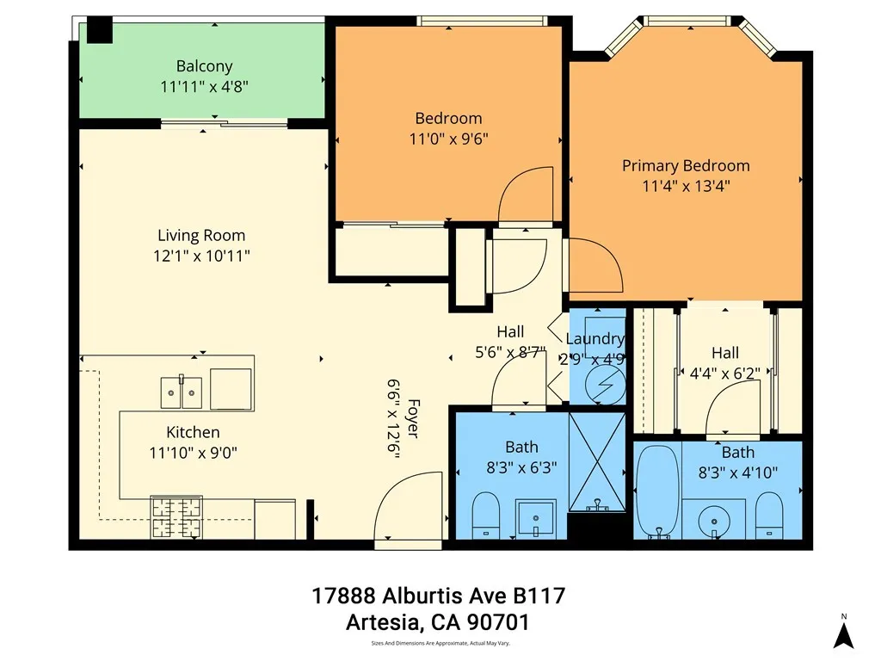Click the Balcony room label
tap(204, 66)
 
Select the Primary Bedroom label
tap(686, 165)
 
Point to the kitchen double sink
tap(182, 392)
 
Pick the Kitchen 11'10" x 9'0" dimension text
tap(193, 453)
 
